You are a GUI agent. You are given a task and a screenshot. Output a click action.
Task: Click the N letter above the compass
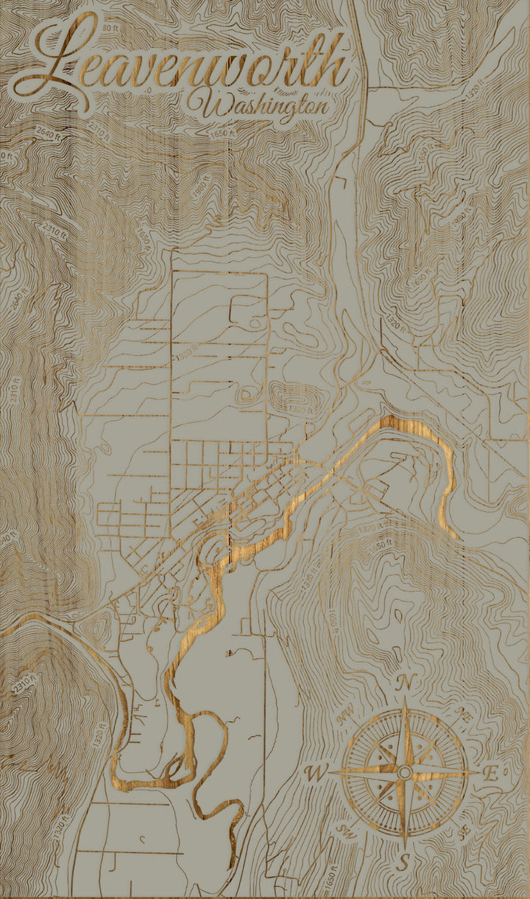(x=404, y=682)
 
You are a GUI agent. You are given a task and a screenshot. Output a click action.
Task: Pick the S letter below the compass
(x=403, y=861)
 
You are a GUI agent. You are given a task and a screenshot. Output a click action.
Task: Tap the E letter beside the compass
(x=491, y=773)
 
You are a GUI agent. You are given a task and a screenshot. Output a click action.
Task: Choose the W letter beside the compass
(x=316, y=773)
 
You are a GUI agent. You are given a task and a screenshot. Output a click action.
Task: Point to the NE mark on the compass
(x=464, y=713)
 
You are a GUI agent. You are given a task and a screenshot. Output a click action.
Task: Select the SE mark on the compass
(x=463, y=830)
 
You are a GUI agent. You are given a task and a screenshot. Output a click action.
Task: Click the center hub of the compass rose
(x=404, y=772)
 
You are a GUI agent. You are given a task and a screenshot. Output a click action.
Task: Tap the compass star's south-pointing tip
(x=404, y=844)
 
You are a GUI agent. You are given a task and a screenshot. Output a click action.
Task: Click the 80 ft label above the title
(x=110, y=27)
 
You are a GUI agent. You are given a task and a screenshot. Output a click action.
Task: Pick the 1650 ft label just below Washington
(x=220, y=134)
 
